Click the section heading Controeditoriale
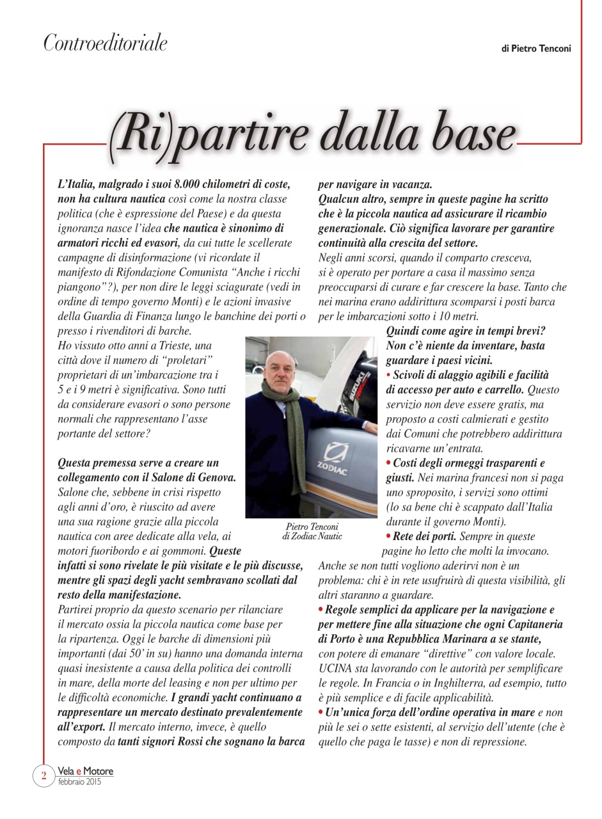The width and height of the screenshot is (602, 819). (x=105, y=43)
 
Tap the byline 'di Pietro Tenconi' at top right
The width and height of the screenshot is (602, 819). (x=535, y=49)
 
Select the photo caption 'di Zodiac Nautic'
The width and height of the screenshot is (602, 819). (x=312, y=536)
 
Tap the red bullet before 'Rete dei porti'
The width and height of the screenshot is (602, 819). (x=390, y=536)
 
